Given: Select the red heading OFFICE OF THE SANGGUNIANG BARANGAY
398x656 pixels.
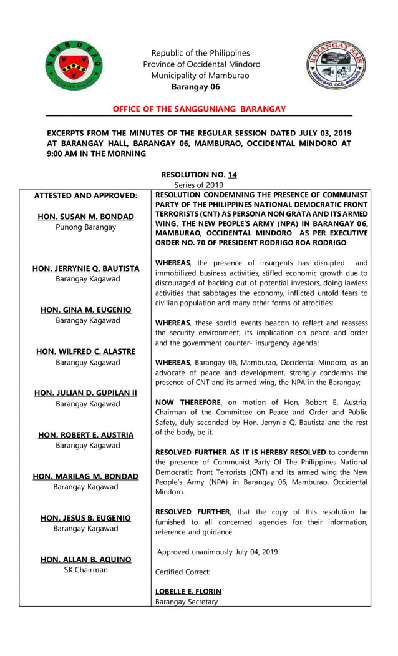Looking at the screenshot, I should coord(199,109).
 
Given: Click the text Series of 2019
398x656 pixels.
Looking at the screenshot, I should coord(198,185).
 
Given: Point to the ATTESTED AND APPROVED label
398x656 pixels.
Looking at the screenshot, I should coord(85,195).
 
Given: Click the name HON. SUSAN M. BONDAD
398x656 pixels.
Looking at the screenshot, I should coord(85,217).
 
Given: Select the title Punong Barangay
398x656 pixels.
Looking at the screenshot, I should coord(85,227).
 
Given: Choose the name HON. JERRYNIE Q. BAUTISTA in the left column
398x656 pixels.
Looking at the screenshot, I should coord(85,268).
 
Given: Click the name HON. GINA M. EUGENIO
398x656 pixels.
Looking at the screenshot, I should coord(85,310).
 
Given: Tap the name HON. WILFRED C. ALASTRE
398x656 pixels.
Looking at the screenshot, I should coord(85,351).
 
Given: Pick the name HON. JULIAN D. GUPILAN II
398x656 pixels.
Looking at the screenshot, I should coord(85,393).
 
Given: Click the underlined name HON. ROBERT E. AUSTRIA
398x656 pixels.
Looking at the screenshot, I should coord(85,435).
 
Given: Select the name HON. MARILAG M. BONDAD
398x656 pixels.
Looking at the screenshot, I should coord(85,476).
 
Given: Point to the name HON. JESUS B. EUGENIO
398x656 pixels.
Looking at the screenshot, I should coord(85,518).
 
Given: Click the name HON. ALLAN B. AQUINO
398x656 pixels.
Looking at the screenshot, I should coord(85,560).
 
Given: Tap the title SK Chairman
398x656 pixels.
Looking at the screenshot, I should coord(85,570).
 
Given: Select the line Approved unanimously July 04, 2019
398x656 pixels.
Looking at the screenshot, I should coord(217,552).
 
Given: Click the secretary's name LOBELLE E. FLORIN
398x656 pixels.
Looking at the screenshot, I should coord(188,591).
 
